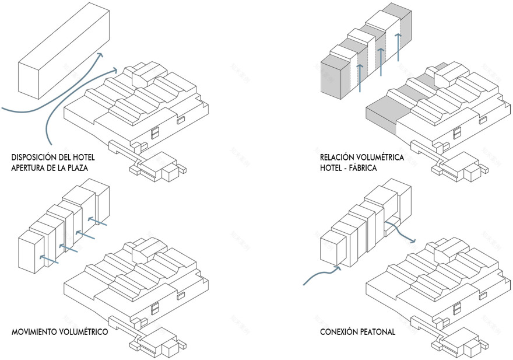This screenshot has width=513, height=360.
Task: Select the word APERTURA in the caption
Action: point(30,168)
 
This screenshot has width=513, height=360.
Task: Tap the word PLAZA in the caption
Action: point(83,168)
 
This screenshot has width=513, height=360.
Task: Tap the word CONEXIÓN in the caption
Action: point(339,333)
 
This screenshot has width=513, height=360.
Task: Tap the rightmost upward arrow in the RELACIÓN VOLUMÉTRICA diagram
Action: point(398,47)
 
